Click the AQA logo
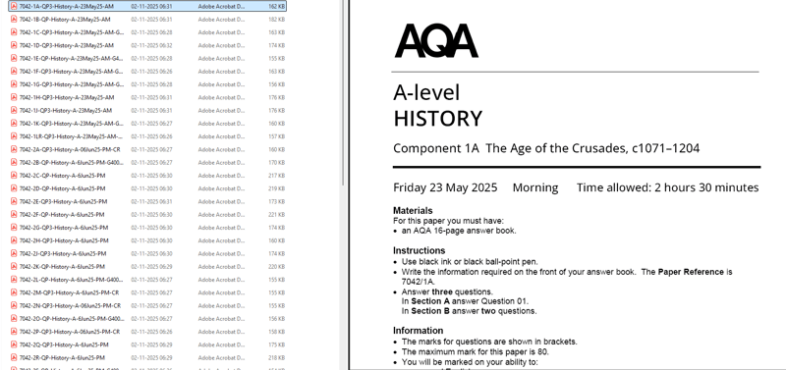436,41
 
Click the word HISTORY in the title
437,119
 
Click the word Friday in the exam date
417,187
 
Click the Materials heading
413,211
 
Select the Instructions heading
419,251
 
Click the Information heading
418,331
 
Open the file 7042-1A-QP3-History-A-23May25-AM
67,7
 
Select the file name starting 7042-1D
67,45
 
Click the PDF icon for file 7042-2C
14,176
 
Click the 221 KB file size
276,215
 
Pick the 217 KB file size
276,176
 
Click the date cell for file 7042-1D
151,45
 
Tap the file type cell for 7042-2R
221,358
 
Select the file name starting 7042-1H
67,97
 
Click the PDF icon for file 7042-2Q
14,344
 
